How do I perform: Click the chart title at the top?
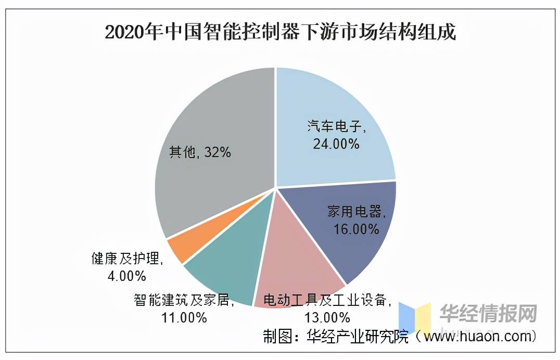click(280, 32)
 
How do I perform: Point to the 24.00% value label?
click(336, 144)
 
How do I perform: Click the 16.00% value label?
click(357, 229)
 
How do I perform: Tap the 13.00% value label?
click(327, 317)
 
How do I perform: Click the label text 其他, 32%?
click(200, 152)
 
